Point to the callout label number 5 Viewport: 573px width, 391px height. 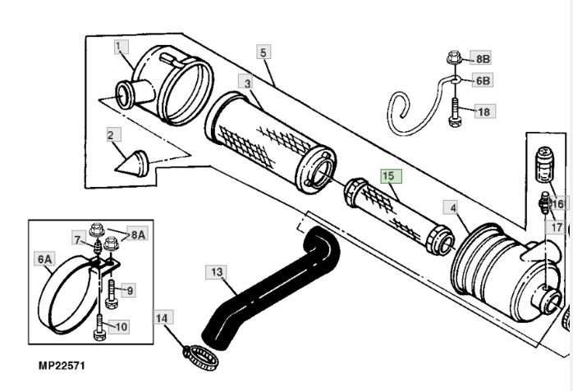pyautogui.click(x=264, y=52)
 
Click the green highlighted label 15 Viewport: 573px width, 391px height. pyautogui.click(x=388, y=175)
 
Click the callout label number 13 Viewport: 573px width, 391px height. pyautogui.click(x=217, y=271)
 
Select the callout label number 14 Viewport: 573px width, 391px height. pyautogui.click(x=161, y=317)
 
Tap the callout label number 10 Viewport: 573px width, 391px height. pyautogui.click(x=121, y=326)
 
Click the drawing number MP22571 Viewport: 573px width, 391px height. pyautogui.click(x=61, y=366)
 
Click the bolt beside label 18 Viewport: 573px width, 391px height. pyautogui.click(x=454, y=111)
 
